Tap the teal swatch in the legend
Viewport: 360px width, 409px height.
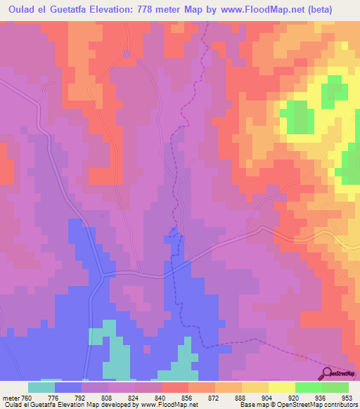click(x=41, y=387)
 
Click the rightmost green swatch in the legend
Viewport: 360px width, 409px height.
click(x=335, y=387)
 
